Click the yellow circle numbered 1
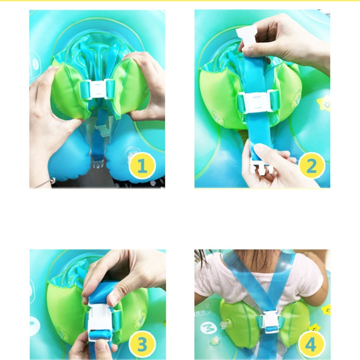coord(143,166)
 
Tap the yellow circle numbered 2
coord(312,166)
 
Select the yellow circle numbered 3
coord(143,344)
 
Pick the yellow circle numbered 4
coord(312,344)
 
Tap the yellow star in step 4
coord(314,328)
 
